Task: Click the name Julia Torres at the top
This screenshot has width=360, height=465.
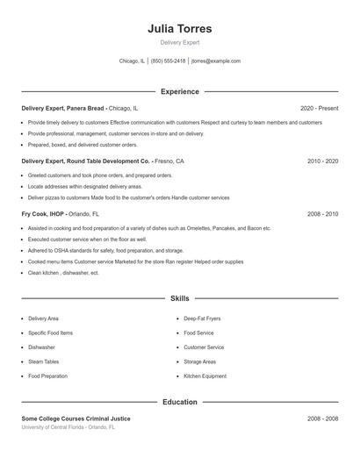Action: pos(180,28)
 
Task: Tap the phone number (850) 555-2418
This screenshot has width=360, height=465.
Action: pos(168,61)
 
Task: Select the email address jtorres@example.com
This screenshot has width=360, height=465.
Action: pos(215,61)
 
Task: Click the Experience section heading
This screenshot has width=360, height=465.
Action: pos(180,91)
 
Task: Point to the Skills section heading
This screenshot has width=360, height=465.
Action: pos(180,299)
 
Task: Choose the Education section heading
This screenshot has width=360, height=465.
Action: pos(180,402)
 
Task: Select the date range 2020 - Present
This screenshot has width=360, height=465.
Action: pos(319,108)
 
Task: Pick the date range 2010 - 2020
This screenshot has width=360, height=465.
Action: pos(322,161)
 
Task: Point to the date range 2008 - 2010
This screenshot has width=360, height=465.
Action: pos(322,213)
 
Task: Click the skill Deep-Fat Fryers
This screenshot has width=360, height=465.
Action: pos(202,318)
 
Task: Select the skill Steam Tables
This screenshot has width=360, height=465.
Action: pos(43,361)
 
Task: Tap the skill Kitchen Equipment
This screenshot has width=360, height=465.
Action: pos(205,376)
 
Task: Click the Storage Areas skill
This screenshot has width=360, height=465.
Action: pos(200,361)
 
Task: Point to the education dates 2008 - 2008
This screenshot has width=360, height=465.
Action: pos(322,418)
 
